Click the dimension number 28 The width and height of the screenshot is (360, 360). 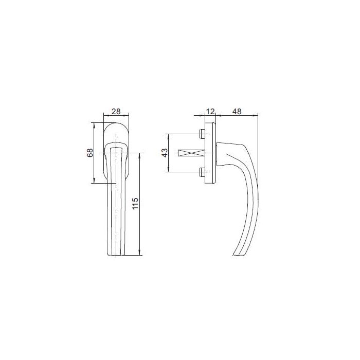point(116,112)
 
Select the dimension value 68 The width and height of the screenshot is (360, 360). point(90,153)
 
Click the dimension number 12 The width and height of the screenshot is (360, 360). point(210,112)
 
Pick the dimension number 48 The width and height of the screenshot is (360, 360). point(237,112)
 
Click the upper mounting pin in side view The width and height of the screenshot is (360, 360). point(201,135)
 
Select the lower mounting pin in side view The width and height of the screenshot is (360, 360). point(201,172)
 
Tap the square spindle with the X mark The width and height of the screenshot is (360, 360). point(190,153)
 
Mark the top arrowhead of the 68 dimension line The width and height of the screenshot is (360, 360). point(94,124)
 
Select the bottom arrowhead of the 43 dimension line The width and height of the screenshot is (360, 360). point(169,171)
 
